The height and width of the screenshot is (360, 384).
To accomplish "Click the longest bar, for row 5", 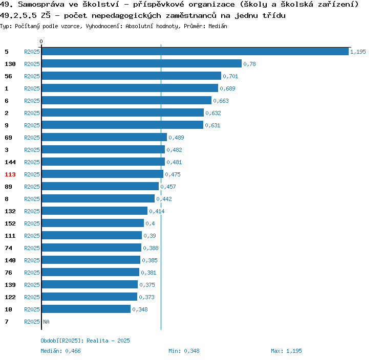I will [x=195, y=51].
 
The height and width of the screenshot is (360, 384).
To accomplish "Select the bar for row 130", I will [x=141, y=63].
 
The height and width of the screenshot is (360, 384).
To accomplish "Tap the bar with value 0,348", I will [x=86, y=309].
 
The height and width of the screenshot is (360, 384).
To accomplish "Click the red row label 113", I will [x=10, y=174].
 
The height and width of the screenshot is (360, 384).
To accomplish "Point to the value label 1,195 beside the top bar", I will [x=358, y=52].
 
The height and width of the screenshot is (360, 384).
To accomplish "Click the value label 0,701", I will [x=230, y=76].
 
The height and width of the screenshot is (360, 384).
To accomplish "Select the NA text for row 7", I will [x=46, y=322].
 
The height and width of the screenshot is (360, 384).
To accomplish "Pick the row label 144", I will [x=10, y=162].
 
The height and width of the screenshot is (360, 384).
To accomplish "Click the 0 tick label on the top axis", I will [x=41, y=41].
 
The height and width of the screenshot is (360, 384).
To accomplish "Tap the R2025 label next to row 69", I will [x=32, y=138].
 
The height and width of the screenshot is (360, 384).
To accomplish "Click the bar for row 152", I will [x=93, y=223].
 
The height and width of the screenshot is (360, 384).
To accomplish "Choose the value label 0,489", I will [x=176, y=138].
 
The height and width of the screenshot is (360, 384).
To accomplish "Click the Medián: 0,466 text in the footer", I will [x=60, y=351].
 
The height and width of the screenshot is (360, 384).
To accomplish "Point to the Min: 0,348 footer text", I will [x=184, y=351].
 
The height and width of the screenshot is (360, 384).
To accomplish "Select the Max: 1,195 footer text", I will [x=286, y=351].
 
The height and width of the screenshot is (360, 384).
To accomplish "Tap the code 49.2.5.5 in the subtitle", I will [x=18, y=15].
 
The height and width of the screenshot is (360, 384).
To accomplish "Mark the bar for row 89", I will [x=100, y=186].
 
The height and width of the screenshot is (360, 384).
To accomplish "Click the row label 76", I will [x=8, y=273].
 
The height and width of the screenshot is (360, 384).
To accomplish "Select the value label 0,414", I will [x=157, y=211].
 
